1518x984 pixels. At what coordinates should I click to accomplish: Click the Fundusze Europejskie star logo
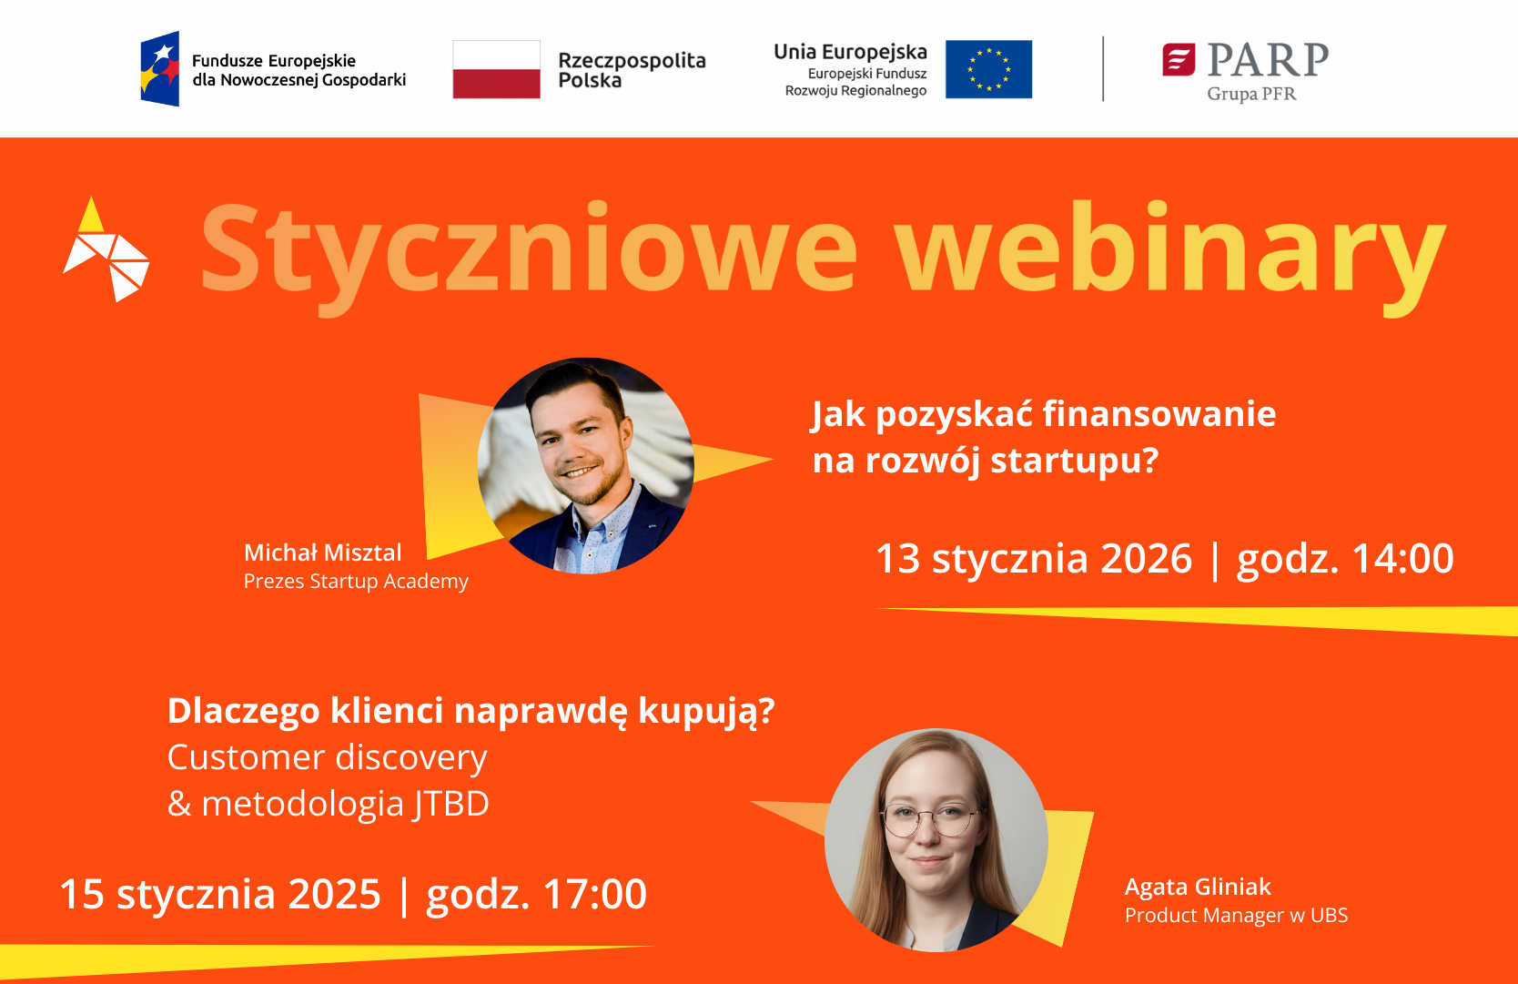pyautogui.click(x=160, y=68)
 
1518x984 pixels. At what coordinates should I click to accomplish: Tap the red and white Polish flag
pyautogui.click(x=497, y=69)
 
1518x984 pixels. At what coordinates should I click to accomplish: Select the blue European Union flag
pyautogui.click(x=988, y=69)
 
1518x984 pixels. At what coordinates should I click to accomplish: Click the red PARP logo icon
pyautogui.click(x=1179, y=60)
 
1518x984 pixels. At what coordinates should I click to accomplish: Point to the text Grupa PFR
pyautogui.click(x=1251, y=94)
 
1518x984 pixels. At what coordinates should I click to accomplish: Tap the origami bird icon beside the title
pyautogui.click(x=106, y=249)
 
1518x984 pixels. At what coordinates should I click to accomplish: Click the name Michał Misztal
pyautogui.click(x=322, y=553)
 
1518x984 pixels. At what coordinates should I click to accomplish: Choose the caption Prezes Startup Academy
pyautogui.click(x=356, y=582)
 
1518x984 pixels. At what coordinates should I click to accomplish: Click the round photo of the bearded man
pyautogui.click(x=586, y=465)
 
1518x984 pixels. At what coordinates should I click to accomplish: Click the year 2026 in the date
pyautogui.click(x=1146, y=558)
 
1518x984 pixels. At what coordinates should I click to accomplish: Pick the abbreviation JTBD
pyautogui.click(x=450, y=805)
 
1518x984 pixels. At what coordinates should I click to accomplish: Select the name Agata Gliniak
pyautogui.click(x=1198, y=888)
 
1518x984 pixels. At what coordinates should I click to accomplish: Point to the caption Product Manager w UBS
pyautogui.click(x=1236, y=916)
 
